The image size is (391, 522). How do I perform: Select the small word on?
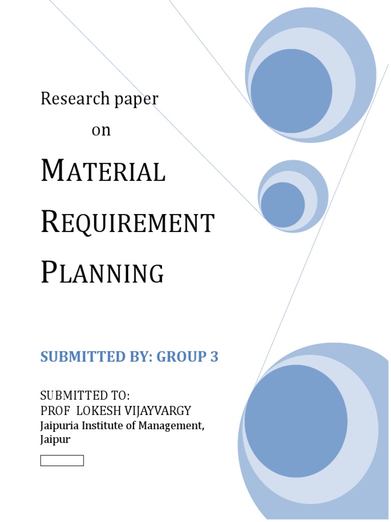pyautogui.click(x=101, y=130)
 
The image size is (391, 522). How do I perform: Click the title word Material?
pyautogui.click(x=103, y=172)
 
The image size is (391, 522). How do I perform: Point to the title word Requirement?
pyautogui.click(x=127, y=223)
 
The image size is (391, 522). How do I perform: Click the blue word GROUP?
pyautogui.click(x=180, y=357)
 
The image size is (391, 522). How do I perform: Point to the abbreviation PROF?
pyautogui.click(x=52, y=411)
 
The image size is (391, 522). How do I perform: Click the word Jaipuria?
pyautogui.click(x=59, y=425)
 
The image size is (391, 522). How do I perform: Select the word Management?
pyautogui.click(x=171, y=426)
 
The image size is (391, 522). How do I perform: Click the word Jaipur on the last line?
pyautogui.click(x=55, y=439)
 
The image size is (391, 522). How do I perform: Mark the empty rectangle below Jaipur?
pyautogui.click(x=62, y=461)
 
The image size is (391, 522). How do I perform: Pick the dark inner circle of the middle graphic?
pyautogui.click(x=283, y=204)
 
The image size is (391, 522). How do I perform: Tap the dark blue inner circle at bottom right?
pyautogui.click(x=296, y=421)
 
